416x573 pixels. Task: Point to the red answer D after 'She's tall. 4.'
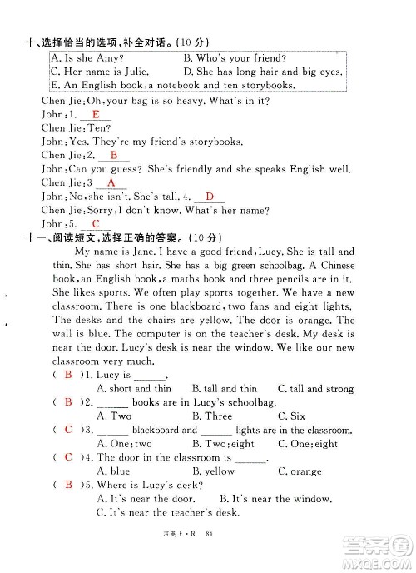tap(210, 197)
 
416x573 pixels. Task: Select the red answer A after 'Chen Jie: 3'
tap(110, 182)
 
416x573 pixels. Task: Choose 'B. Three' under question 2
tap(212, 416)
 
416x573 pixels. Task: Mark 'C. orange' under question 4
tap(300, 471)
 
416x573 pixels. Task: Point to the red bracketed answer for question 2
tap(68, 402)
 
